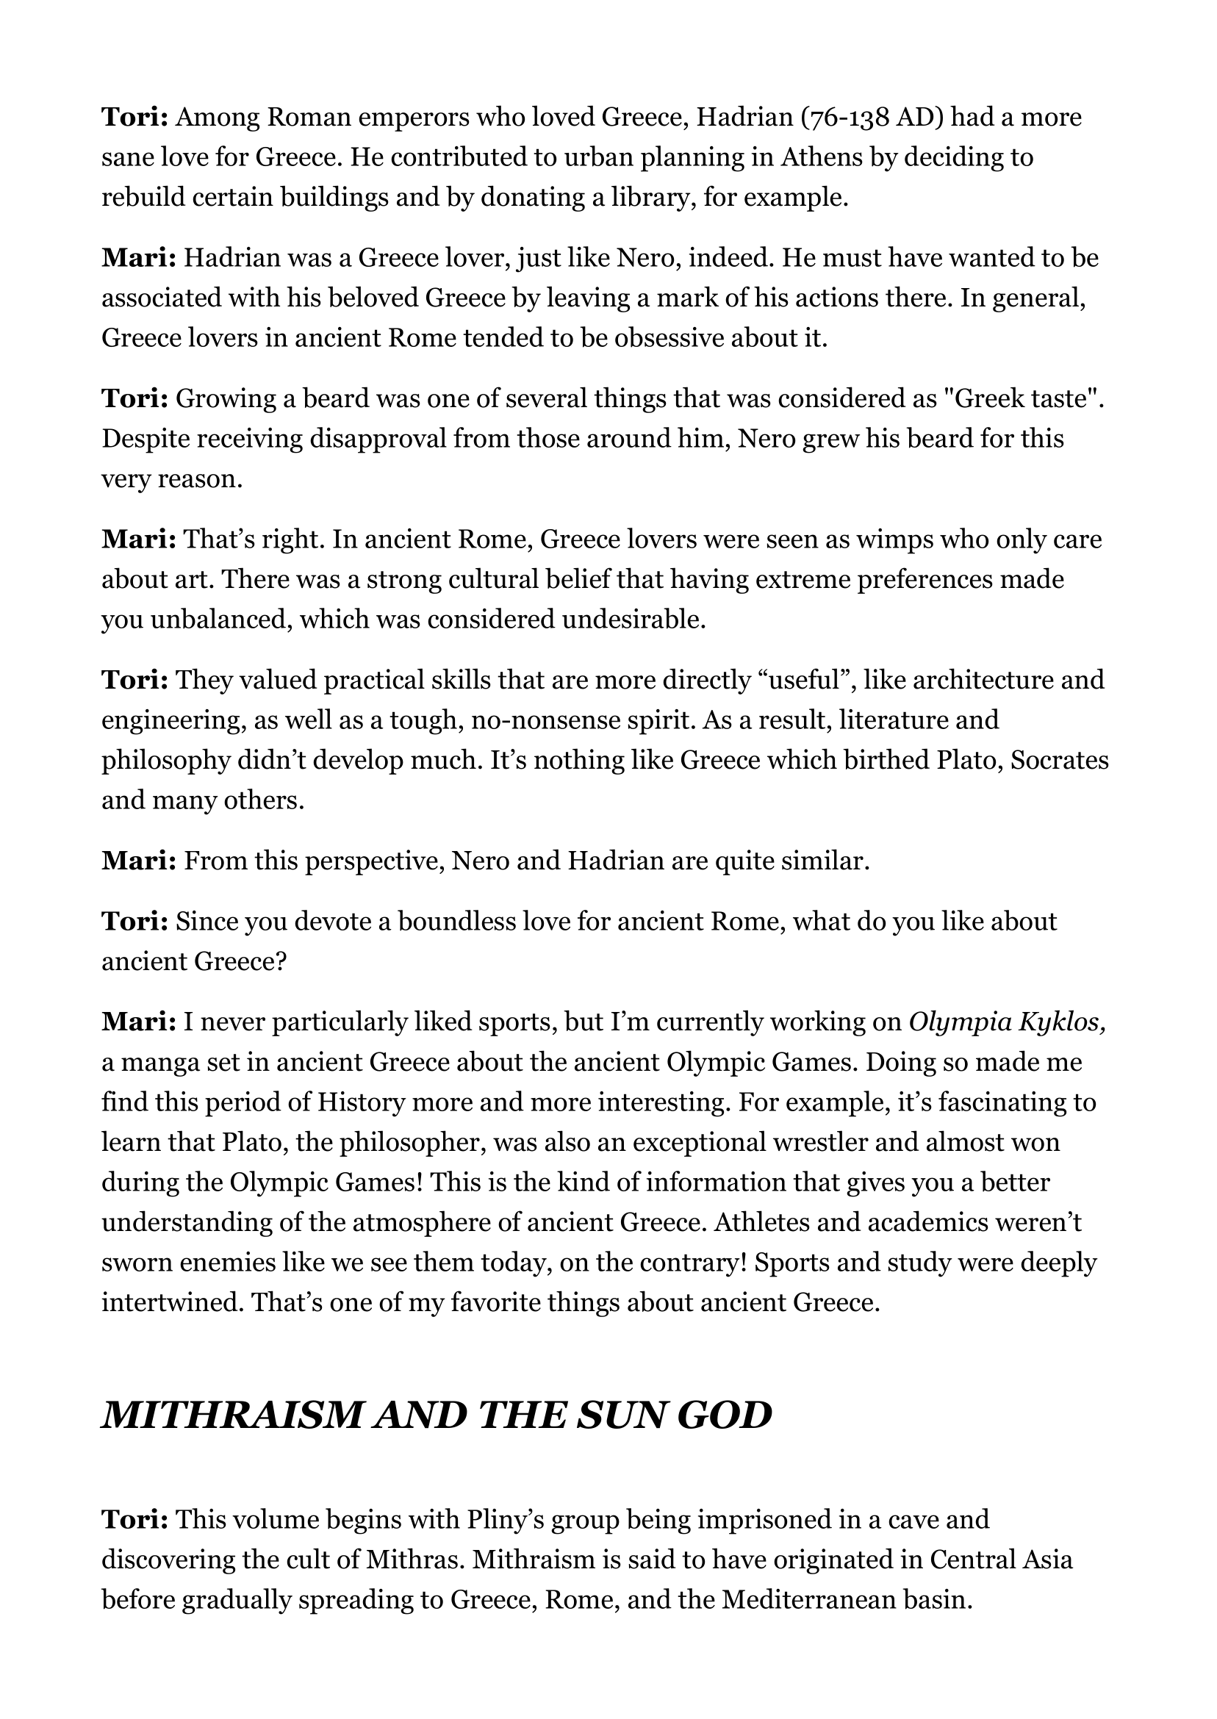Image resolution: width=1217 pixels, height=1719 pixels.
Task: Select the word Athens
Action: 819,158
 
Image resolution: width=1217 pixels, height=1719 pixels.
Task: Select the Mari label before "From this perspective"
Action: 139,862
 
